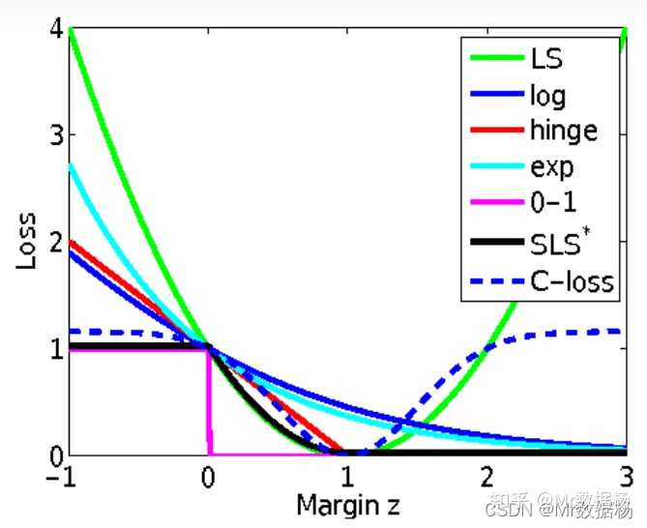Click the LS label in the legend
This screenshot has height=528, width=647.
(546, 58)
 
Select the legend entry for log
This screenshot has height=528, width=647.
(547, 95)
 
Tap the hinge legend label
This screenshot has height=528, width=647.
(564, 131)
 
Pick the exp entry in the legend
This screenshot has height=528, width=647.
(552, 167)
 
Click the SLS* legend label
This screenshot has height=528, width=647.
(559, 243)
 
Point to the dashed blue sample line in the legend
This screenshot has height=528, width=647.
(495, 282)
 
